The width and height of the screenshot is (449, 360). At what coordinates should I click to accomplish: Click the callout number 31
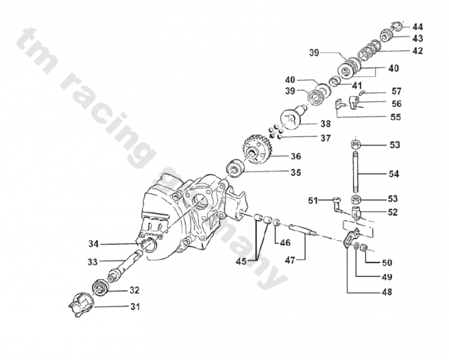pos(135,306)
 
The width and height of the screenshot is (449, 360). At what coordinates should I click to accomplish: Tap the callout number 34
pos(94,243)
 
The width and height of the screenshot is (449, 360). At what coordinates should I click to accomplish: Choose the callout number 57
pos(396,91)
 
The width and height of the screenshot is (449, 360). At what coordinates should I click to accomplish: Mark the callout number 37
pos(305,138)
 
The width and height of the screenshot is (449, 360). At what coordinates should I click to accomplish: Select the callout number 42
pos(417,52)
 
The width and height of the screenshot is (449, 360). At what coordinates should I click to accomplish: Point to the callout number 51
pos(313,200)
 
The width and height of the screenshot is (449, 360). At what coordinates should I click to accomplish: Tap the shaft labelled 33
pos(125,263)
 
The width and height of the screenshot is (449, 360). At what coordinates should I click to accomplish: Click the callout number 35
pos(296,173)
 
